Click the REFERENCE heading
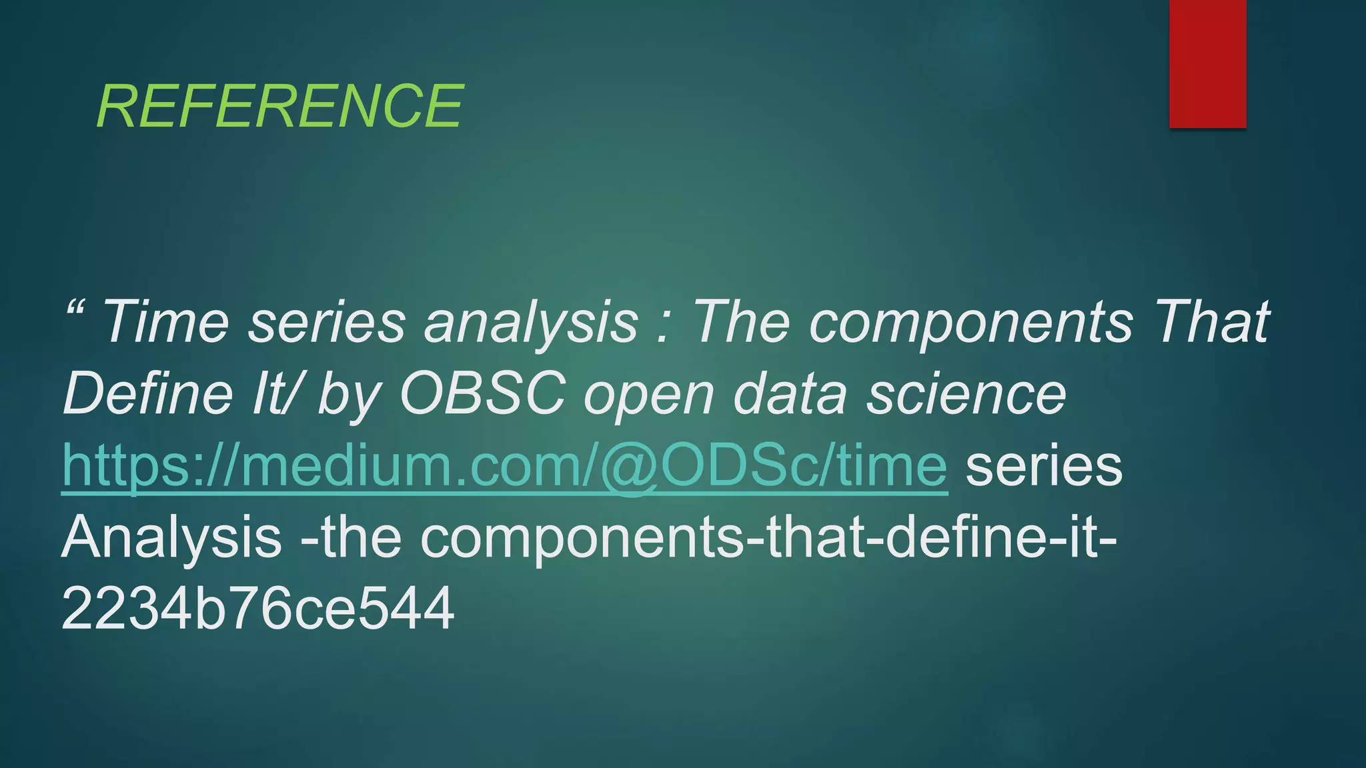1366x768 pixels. (279, 107)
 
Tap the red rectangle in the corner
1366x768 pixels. (1207, 63)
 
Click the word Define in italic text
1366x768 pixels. (147, 395)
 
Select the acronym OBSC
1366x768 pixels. (483, 395)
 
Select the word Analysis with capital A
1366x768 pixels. (171, 539)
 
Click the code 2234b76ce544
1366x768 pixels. (257, 609)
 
